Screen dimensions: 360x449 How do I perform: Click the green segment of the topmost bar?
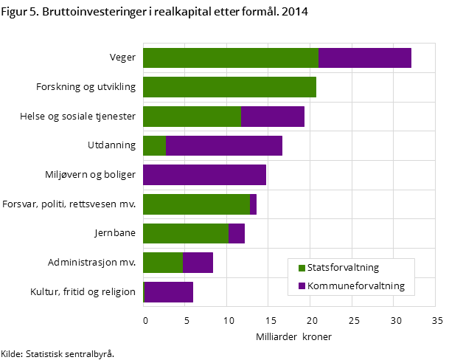tap(230, 58)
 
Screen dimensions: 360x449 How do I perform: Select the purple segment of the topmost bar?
tap(364, 58)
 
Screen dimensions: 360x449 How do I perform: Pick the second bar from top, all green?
tap(229, 87)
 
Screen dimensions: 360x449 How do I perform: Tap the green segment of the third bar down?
tap(192, 117)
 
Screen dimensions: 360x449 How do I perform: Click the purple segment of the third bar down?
tap(272, 117)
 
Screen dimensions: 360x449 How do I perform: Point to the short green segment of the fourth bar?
tap(154, 145)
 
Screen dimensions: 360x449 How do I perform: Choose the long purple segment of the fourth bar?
tap(224, 145)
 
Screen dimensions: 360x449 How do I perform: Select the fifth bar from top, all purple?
tap(204, 175)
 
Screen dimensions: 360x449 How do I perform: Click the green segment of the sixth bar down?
tap(196, 204)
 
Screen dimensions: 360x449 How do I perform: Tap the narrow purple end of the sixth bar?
tap(253, 204)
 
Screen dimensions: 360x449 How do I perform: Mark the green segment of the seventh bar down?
tap(185, 233)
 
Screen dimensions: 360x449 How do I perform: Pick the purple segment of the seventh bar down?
tap(236, 233)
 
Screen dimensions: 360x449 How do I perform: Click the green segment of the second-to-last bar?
tap(162, 263)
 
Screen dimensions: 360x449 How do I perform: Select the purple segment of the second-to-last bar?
tap(198, 263)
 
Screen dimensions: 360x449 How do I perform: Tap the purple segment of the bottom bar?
tap(169, 292)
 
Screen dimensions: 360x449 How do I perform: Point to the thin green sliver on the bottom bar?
tap(143, 292)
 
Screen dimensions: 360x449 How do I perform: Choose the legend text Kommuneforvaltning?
tap(356, 286)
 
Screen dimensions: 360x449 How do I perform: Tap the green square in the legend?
tap(302, 268)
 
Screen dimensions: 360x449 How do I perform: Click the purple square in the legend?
tap(302, 286)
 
